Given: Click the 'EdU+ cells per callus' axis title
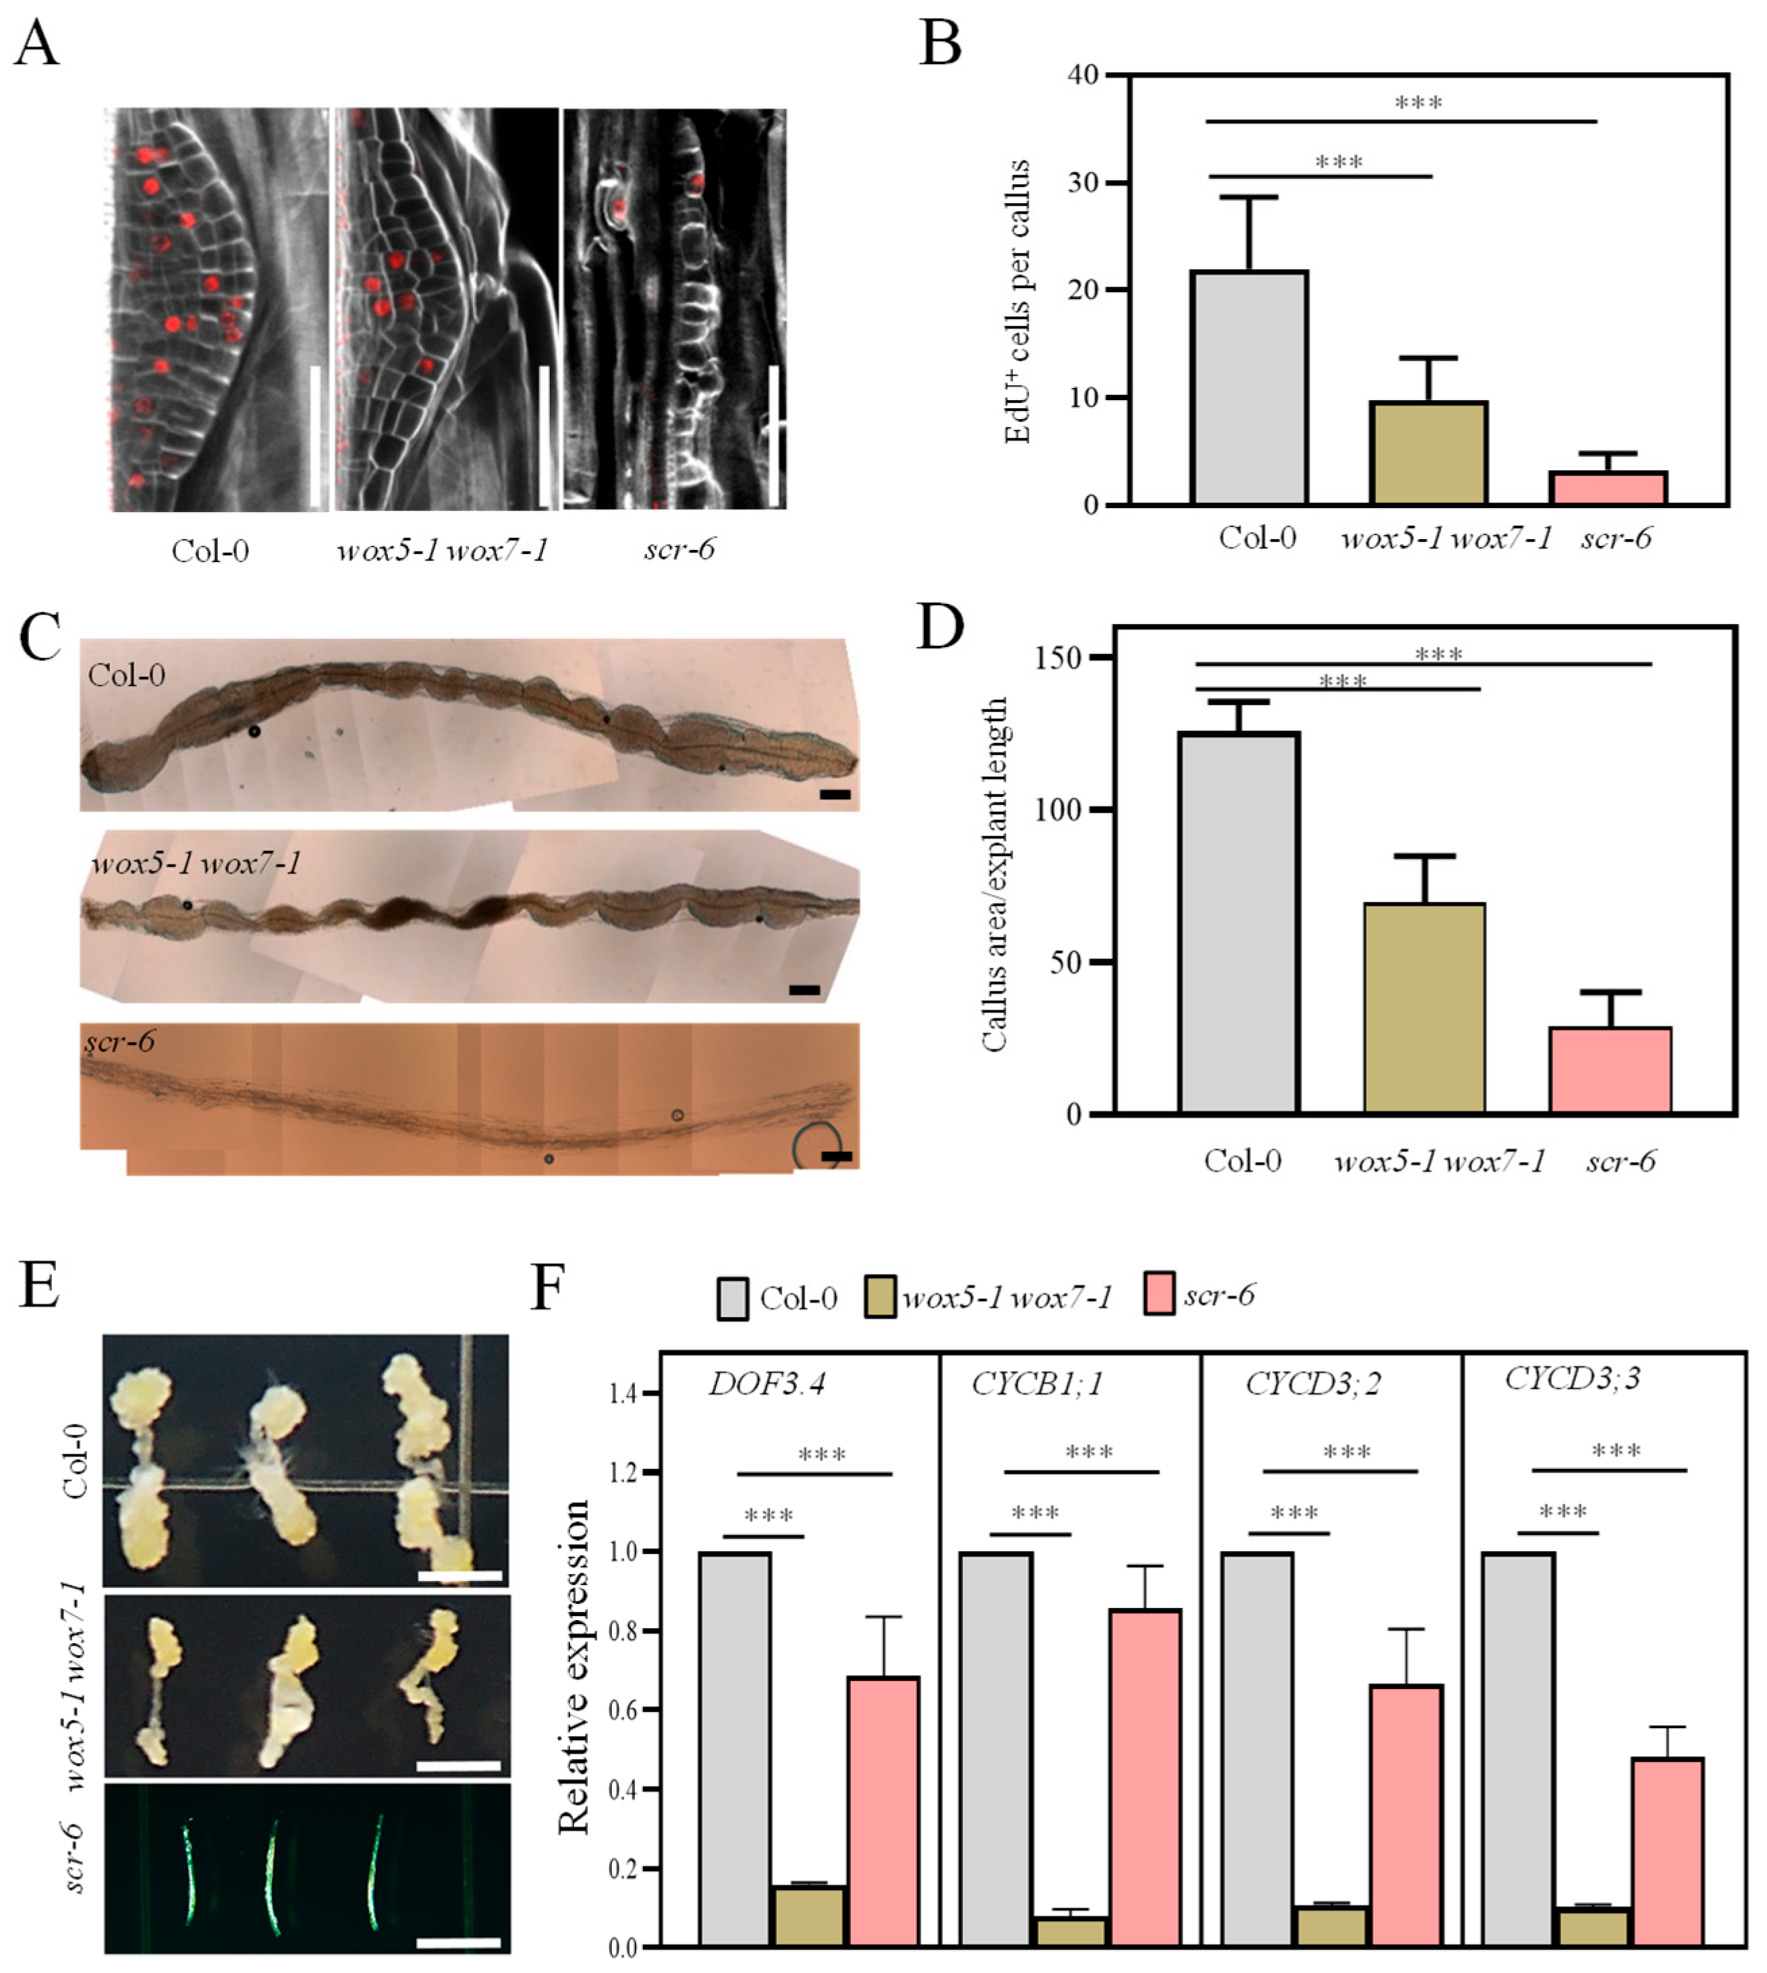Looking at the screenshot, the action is click(x=1017, y=301).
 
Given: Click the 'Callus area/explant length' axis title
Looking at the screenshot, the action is click(x=994, y=874).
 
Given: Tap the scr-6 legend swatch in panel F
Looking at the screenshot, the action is click(x=1159, y=1294).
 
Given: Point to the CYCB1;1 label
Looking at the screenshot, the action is click(x=1038, y=1383).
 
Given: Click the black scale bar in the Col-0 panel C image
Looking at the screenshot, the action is click(x=835, y=794).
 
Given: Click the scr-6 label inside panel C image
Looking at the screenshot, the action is click(x=119, y=1042).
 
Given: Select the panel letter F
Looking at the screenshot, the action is click(x=549, y=1287).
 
